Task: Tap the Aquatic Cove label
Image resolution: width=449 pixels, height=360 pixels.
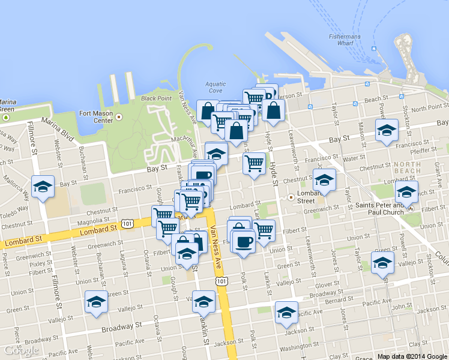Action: [x=216, y=87]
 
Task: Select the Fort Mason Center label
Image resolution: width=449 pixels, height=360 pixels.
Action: [x=95, y=117]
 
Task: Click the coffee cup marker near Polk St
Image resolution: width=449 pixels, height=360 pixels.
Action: [x=243, y=242]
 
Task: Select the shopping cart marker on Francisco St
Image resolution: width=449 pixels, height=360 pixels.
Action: [x=255, y=162]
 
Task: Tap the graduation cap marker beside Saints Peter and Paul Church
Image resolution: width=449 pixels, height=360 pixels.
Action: [x=406, y=193]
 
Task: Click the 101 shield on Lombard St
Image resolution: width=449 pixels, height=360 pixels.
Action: [x=127, y=223]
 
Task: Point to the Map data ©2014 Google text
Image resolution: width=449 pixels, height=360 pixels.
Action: [x=413, y=356]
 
